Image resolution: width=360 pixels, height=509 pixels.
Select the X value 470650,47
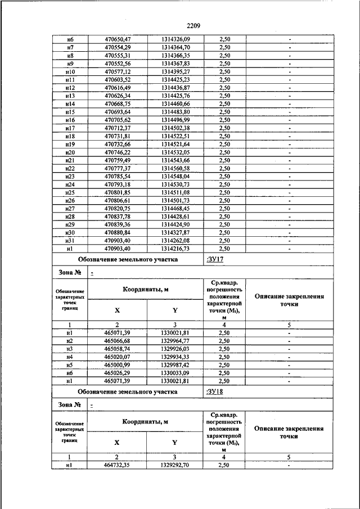[118, 38]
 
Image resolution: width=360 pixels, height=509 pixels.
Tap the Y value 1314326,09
[175, 38]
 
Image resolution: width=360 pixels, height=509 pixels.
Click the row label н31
[70, 240]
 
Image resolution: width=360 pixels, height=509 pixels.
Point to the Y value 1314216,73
[175, 248]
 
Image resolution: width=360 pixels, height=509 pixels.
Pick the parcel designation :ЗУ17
[217, 259]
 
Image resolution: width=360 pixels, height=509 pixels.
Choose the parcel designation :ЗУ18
[217, 391]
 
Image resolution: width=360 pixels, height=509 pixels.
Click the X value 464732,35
[118, 465]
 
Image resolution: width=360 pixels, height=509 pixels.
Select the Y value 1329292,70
[175, 465]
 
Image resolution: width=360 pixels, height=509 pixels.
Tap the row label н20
[70, 152]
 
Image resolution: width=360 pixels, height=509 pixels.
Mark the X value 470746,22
[118, 152]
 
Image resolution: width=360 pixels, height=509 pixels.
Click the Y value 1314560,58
[175, 168]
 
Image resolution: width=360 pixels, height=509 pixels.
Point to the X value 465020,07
[118, 357]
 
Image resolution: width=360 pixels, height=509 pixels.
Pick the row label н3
[70, 349]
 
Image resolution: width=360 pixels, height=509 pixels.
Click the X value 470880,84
[118, 232]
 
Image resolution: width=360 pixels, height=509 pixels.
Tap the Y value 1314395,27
[175, 72]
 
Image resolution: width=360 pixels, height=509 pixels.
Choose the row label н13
[70, 96]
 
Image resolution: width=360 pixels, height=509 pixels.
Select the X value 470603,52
[118, 80]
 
